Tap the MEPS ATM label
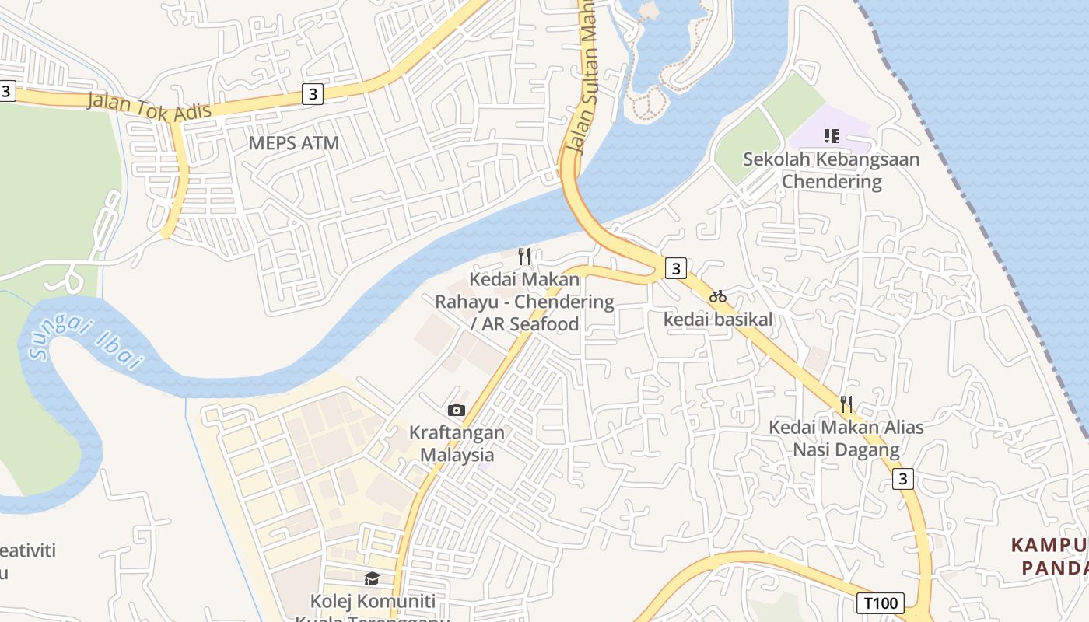tap(294, 143)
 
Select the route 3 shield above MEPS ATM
tap(313, 94)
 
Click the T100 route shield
tap(881, 603)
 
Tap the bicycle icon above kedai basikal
tap(718, 296)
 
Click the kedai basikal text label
tap(718, 319)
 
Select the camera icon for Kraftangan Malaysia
tap(457, 410)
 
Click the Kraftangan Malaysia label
tap(457, 444)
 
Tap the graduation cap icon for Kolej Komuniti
tap(373, 579)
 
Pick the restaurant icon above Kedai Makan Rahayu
tap(524, 256)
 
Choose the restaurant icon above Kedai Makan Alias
tap(846, 404)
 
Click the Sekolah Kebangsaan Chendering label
tap(832, 170)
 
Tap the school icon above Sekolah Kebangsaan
tap(832, 137)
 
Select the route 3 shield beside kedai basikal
tap(676, 268)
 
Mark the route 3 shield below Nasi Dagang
tap(902, 478)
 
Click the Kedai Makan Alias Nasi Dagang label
tap(846, 439)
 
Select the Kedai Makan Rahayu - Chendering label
tap(524, 302)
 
